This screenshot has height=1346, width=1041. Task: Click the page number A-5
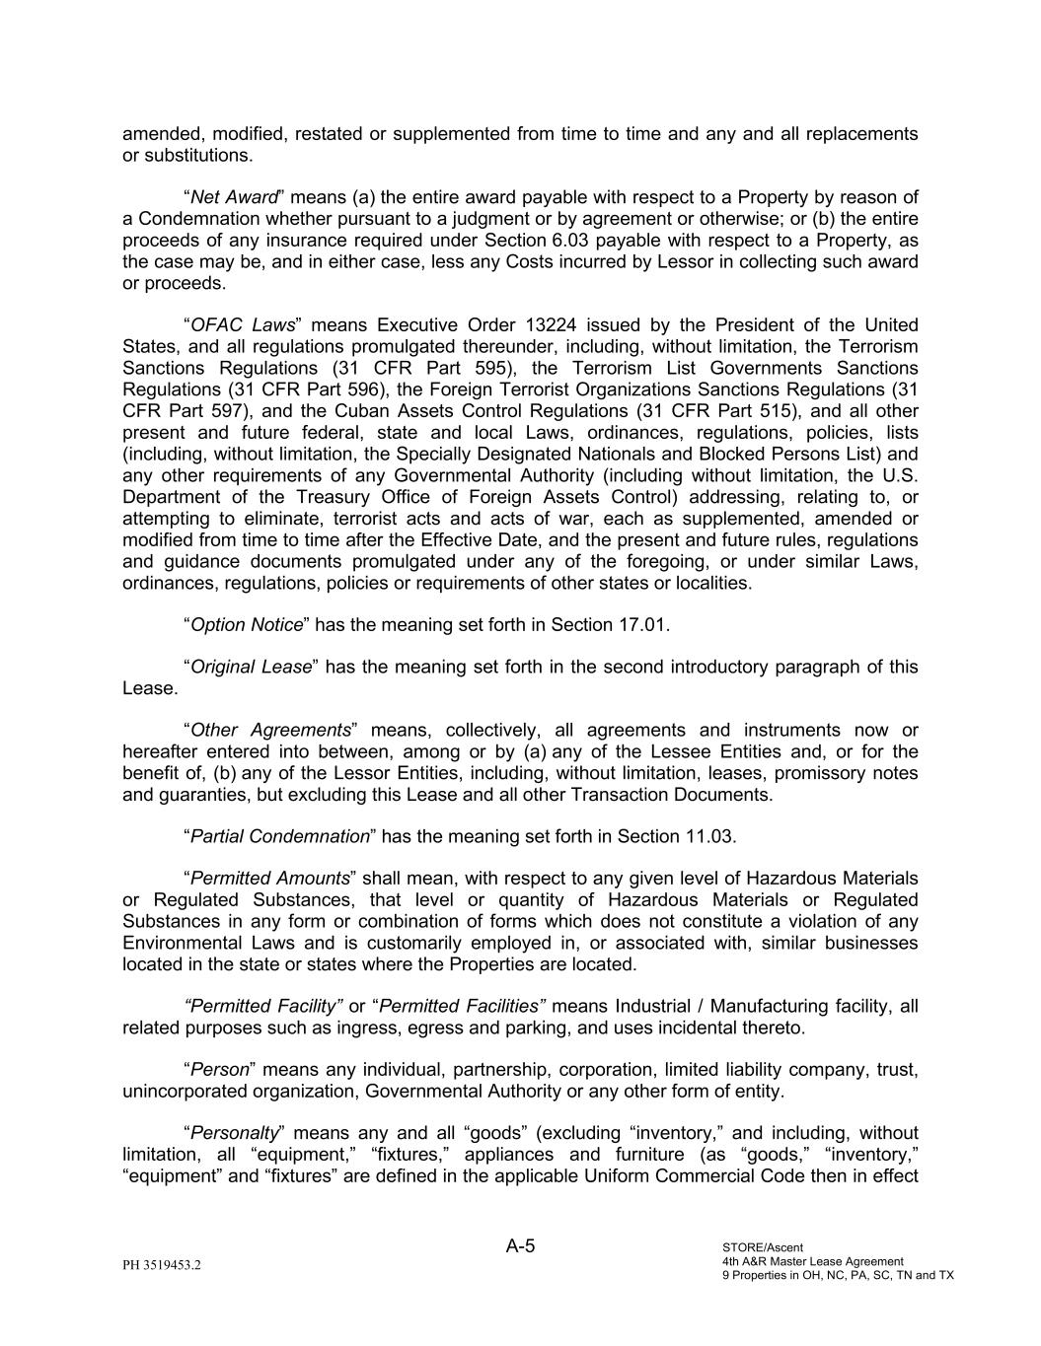520,1246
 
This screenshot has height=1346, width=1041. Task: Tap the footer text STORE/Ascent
763,1247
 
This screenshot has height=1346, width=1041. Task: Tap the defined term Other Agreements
270,731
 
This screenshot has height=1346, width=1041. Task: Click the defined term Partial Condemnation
279,837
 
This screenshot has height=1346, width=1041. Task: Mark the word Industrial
654,1007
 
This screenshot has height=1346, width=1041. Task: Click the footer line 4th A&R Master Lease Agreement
812,1261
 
